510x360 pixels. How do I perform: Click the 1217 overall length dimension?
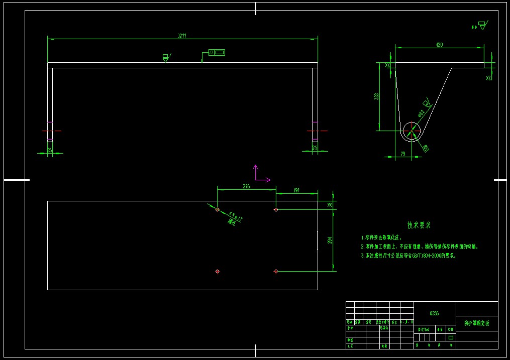pyautogui.click(x=182, y=36)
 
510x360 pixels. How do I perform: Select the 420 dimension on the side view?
pyautogui.click(x=439, y=45)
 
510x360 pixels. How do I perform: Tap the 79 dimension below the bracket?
pyautogui.click(x=402, y=154)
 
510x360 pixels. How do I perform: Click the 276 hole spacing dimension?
pyautogui.click(x=246, y=186)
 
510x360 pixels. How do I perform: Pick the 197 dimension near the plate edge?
pyautogui.click(x=296, y=191)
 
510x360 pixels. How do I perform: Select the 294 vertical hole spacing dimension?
pyautogui.click(x=330, y=241)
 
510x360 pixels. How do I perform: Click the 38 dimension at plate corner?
pyautogui.click(x=330, y=205)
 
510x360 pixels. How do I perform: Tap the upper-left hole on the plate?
pyautogui.click(x=217, y=209)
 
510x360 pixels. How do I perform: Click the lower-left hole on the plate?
pyautogui.click(x=217, y=271)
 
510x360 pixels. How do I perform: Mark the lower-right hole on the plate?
pyautogui.click(x=276, y=271)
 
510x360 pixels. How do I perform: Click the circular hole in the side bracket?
pyautogui.click(x=411, y=131)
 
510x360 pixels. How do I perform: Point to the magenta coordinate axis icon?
pyautogui.click(x=259, y=174)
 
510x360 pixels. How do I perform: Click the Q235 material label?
pyautogui.click(x=434, y=313)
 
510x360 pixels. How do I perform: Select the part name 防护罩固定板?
pyautogui.click(x=476, y=323)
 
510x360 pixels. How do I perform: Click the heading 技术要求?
pyautogui.click(x=419, y=225)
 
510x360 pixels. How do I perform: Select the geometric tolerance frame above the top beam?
pyautogui.click(x=217, y=52)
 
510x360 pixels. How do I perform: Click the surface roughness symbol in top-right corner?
pyautogui.click(x=482, y=25)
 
